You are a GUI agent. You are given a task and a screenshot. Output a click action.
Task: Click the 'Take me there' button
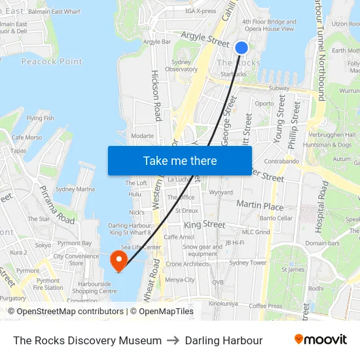[180, 160]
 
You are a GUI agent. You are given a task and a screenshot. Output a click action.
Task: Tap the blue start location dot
[241, 47]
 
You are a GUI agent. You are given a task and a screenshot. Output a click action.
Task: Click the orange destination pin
[119, 261]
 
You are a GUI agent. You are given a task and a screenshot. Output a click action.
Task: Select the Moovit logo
[320, 340]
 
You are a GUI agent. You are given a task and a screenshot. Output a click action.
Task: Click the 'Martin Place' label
[260, 206]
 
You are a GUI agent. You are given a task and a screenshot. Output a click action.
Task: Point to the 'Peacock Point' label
[52, 62]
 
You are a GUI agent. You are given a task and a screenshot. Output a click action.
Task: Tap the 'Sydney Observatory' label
[181, 65]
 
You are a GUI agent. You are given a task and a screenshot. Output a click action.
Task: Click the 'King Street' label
[204, 225]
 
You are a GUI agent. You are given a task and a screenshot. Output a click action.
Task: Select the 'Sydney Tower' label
[247, 262]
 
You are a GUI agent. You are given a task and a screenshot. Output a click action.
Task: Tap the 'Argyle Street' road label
[204, 39]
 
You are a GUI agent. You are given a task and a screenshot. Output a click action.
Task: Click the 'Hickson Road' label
[156, 96]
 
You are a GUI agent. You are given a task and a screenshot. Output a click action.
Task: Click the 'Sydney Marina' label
[75, 189]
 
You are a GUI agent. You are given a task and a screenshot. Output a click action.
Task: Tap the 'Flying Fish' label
[41, 118]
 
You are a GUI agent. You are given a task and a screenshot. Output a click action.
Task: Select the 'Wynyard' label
[221, 192]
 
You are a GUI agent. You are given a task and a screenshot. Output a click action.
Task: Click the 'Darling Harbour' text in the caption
[224, 340]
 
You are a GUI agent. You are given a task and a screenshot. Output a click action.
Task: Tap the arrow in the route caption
[173, 340]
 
